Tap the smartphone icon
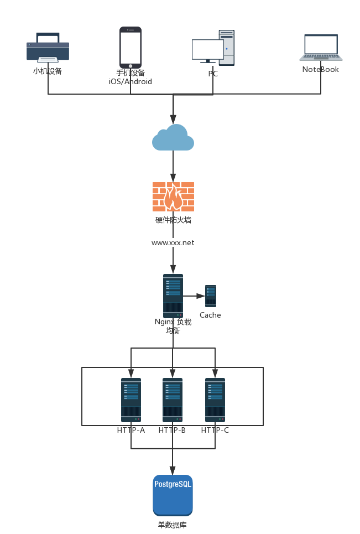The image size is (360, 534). coord(131,48)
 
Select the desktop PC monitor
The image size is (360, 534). coord(207,50)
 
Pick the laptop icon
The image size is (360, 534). coord(321,48)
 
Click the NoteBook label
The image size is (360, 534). coord(321,70)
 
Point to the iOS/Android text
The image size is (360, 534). coord(131,81)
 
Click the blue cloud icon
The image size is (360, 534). coord(173,138)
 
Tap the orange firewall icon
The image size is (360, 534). coord(173,196)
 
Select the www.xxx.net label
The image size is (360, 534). coord(173,242)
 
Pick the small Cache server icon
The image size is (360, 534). coord(211,296)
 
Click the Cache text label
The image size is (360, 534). coord(210,315)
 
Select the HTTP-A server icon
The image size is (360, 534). coord(131,400)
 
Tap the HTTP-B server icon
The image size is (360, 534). coord(173,400)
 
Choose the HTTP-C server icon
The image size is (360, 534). coord(215,400)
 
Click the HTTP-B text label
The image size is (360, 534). coord(172,430)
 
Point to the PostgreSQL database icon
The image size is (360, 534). coord(173,495)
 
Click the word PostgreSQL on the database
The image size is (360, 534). coord(173,484)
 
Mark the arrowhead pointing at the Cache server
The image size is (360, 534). coord(201,296)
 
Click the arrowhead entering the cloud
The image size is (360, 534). coord(173,120)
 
